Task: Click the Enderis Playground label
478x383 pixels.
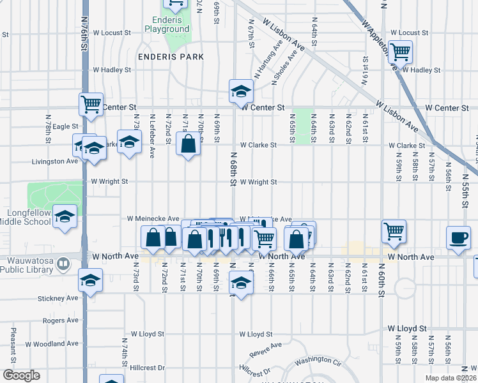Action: pyautogui.click(x=167, y=24)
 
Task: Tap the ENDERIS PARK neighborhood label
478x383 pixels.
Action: pyautogui.click(x=171, y=57)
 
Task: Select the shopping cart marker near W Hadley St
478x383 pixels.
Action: pyautogui.click(x=401, y=51)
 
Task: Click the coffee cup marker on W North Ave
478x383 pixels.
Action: pyautogui.click(x=458, y=237)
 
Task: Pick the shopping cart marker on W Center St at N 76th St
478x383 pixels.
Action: pyautogui.click(x=91, y=104)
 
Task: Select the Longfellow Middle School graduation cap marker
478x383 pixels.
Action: pyautogui.click(x=65, y=216)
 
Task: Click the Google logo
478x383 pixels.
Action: pyautogui.click(x=21, y=375)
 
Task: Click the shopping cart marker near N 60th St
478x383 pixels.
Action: pyautogui.click(x=394, y=231)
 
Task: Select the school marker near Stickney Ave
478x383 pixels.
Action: pyautogui.click(x=91, y=280)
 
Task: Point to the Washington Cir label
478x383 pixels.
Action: pyautogui.click(x=320, y=359)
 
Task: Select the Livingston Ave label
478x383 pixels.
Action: pyautogui.click(x=54, y=161)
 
